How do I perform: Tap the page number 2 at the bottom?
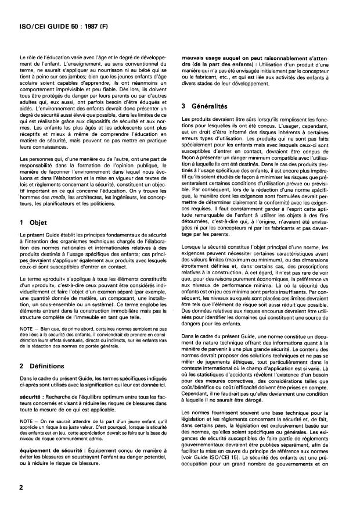click(x=21, y=488)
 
